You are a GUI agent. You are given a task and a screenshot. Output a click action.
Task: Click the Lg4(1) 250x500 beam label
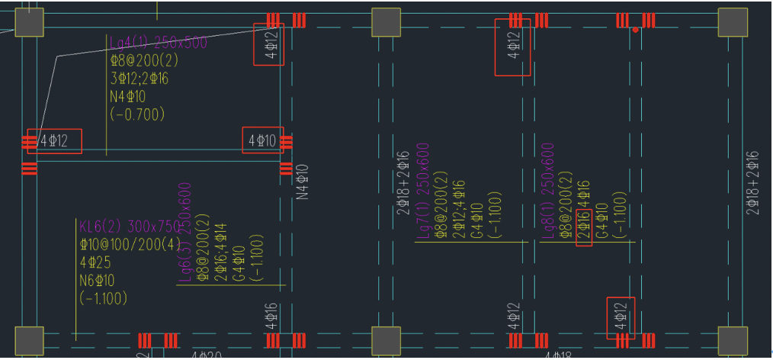(158, 43)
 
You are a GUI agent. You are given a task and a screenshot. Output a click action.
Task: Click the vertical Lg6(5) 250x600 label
(185, 232)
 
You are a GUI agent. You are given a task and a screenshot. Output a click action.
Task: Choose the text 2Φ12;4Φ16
(458, 210)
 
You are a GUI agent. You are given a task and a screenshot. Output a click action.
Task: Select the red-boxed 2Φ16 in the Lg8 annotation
(584, 227)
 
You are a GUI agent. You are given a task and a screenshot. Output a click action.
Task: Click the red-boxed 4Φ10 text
(261, 140)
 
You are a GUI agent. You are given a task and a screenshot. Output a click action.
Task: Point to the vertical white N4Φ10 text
(302, 182)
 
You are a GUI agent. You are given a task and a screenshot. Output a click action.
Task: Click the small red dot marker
(635, 30)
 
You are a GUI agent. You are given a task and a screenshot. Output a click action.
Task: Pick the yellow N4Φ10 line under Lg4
(127, 97)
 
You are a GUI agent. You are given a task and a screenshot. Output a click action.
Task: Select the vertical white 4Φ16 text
(271, 317)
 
